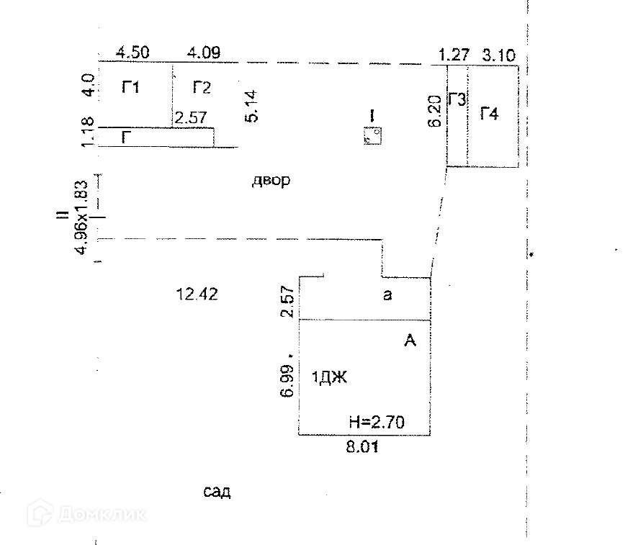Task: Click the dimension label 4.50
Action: tap(132, 52)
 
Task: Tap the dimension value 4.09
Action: tap(204, 52)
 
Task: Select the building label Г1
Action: tap(130, 88)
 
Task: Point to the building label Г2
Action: tap(202, 88)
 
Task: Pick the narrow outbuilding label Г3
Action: tap(457, 99)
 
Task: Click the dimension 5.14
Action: tap(251, 106)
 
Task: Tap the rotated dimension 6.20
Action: tap(433, 113)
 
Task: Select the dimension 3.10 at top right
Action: tap(499, 53)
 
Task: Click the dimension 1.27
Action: tap(454, 53)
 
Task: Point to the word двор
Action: tap(271, 181)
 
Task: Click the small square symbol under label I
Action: tap(373, 135)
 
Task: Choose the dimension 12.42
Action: tap(197, 293)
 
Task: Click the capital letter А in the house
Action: tap(410, 341)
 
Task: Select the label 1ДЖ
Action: tap(329, 377)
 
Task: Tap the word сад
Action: tap(216, 492)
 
